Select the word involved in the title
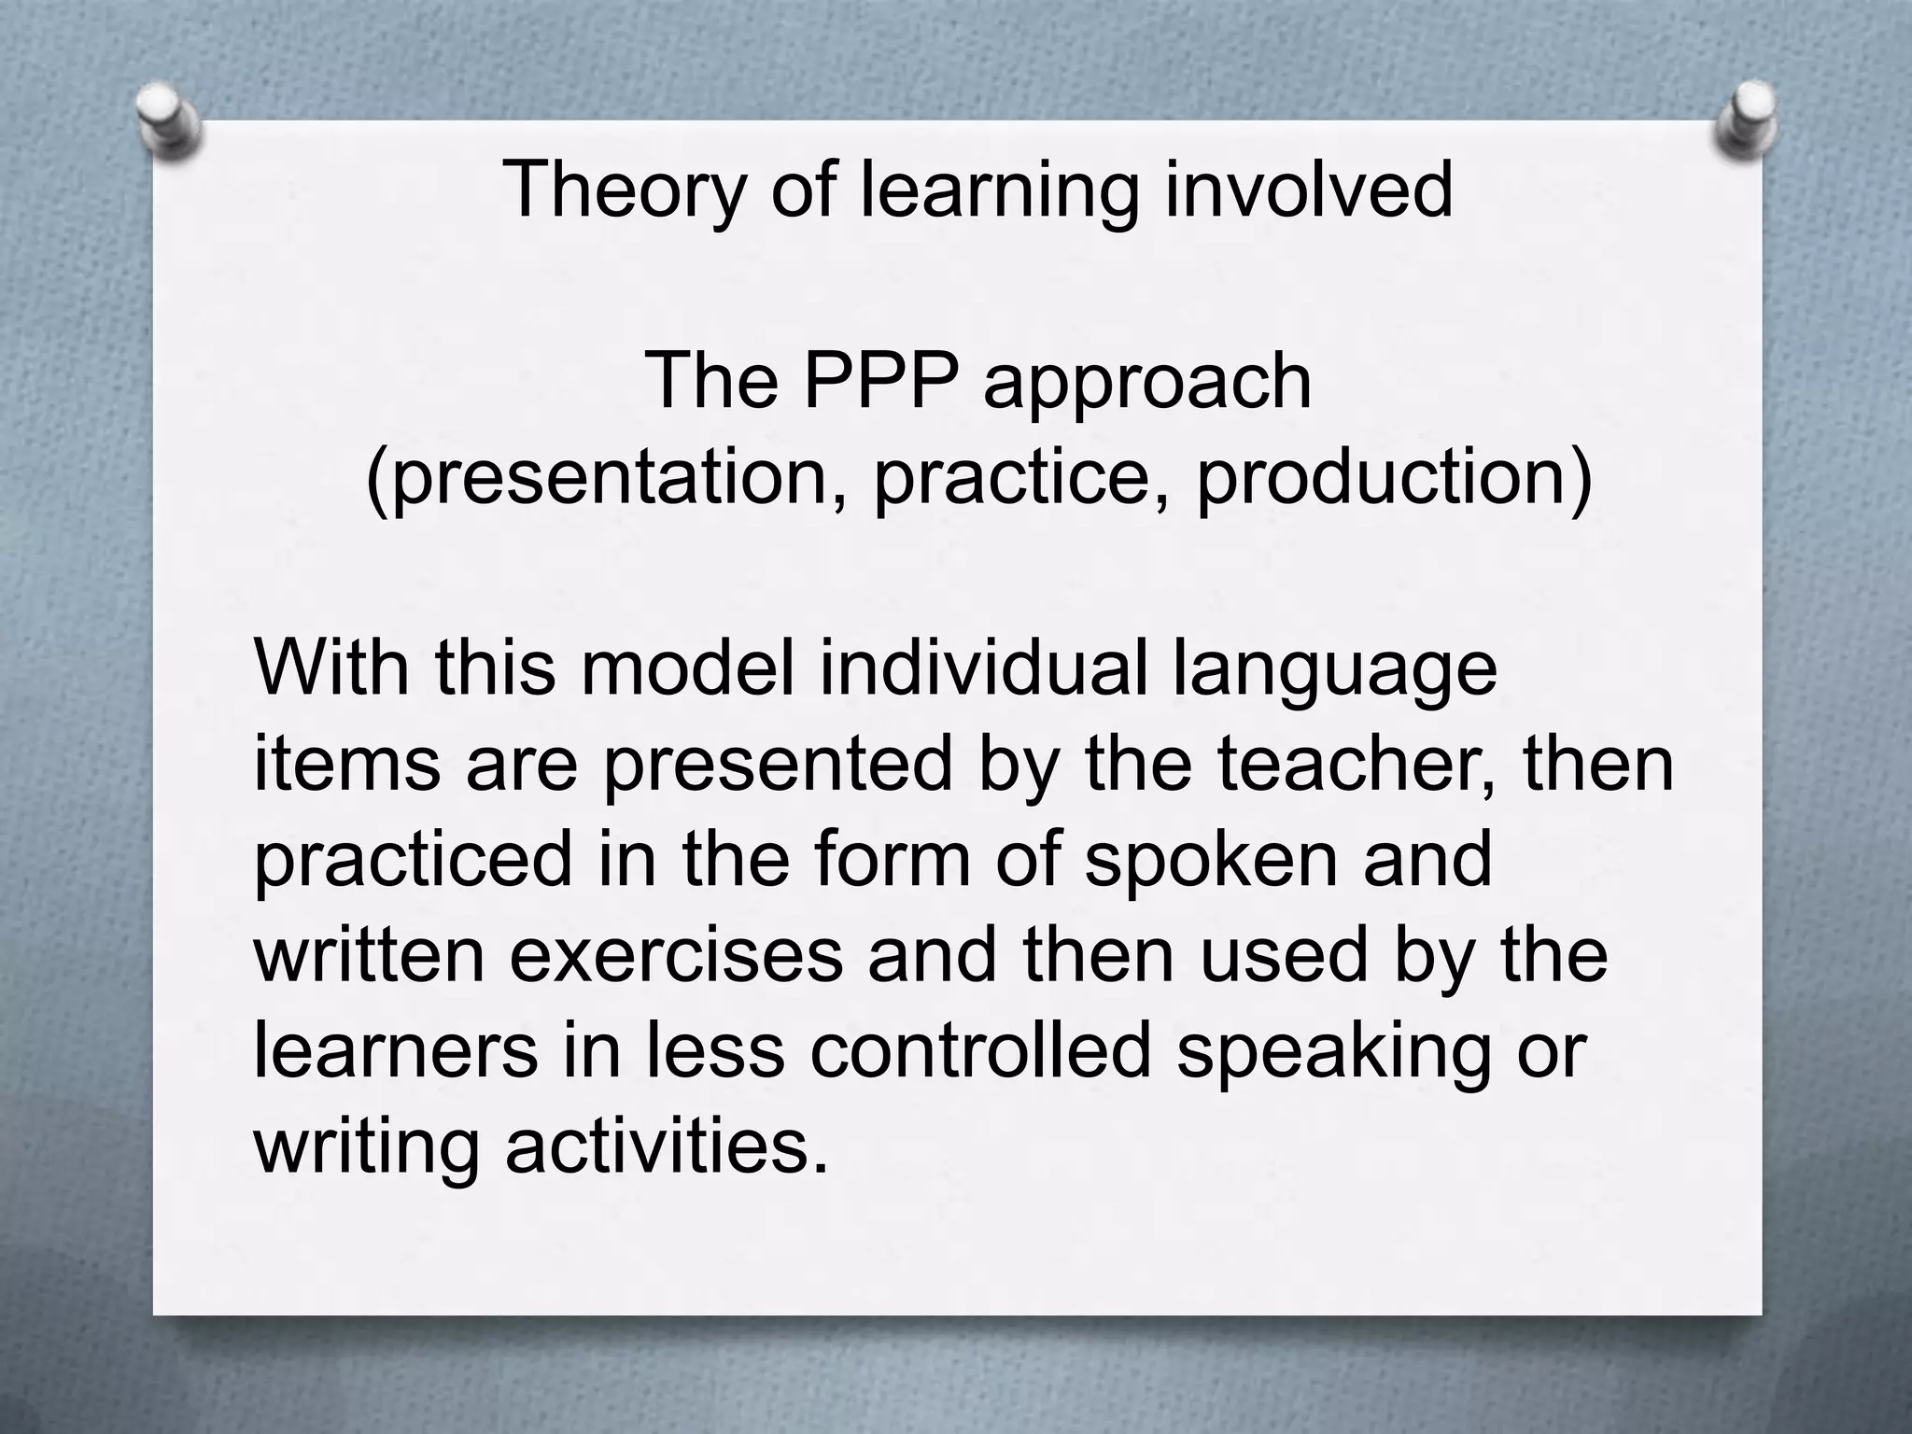[1309, 190]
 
